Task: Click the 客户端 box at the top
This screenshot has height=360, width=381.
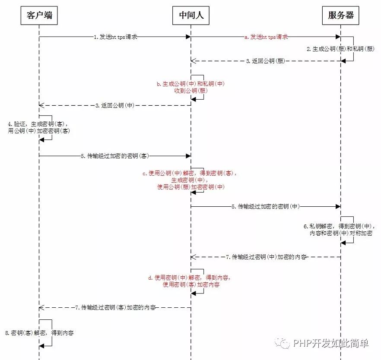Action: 39,16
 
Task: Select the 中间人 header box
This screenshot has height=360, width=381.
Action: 191,16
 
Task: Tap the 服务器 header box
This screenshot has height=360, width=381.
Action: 341,16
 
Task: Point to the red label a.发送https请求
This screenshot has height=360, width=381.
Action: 266,37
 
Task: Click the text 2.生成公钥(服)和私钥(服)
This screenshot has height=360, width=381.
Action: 340,49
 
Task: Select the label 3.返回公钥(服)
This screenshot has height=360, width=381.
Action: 265,61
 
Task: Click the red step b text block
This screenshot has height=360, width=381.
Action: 190,87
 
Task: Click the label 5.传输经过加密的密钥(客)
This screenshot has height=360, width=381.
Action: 115,156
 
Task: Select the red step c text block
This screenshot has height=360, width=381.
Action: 190,180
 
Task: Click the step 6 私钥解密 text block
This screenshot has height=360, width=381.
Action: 340,229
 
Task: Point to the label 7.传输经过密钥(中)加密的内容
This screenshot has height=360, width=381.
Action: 266,257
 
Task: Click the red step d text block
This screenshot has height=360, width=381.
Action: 190,281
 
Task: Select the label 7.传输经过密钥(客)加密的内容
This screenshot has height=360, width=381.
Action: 115,308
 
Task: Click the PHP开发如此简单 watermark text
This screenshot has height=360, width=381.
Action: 330,343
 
